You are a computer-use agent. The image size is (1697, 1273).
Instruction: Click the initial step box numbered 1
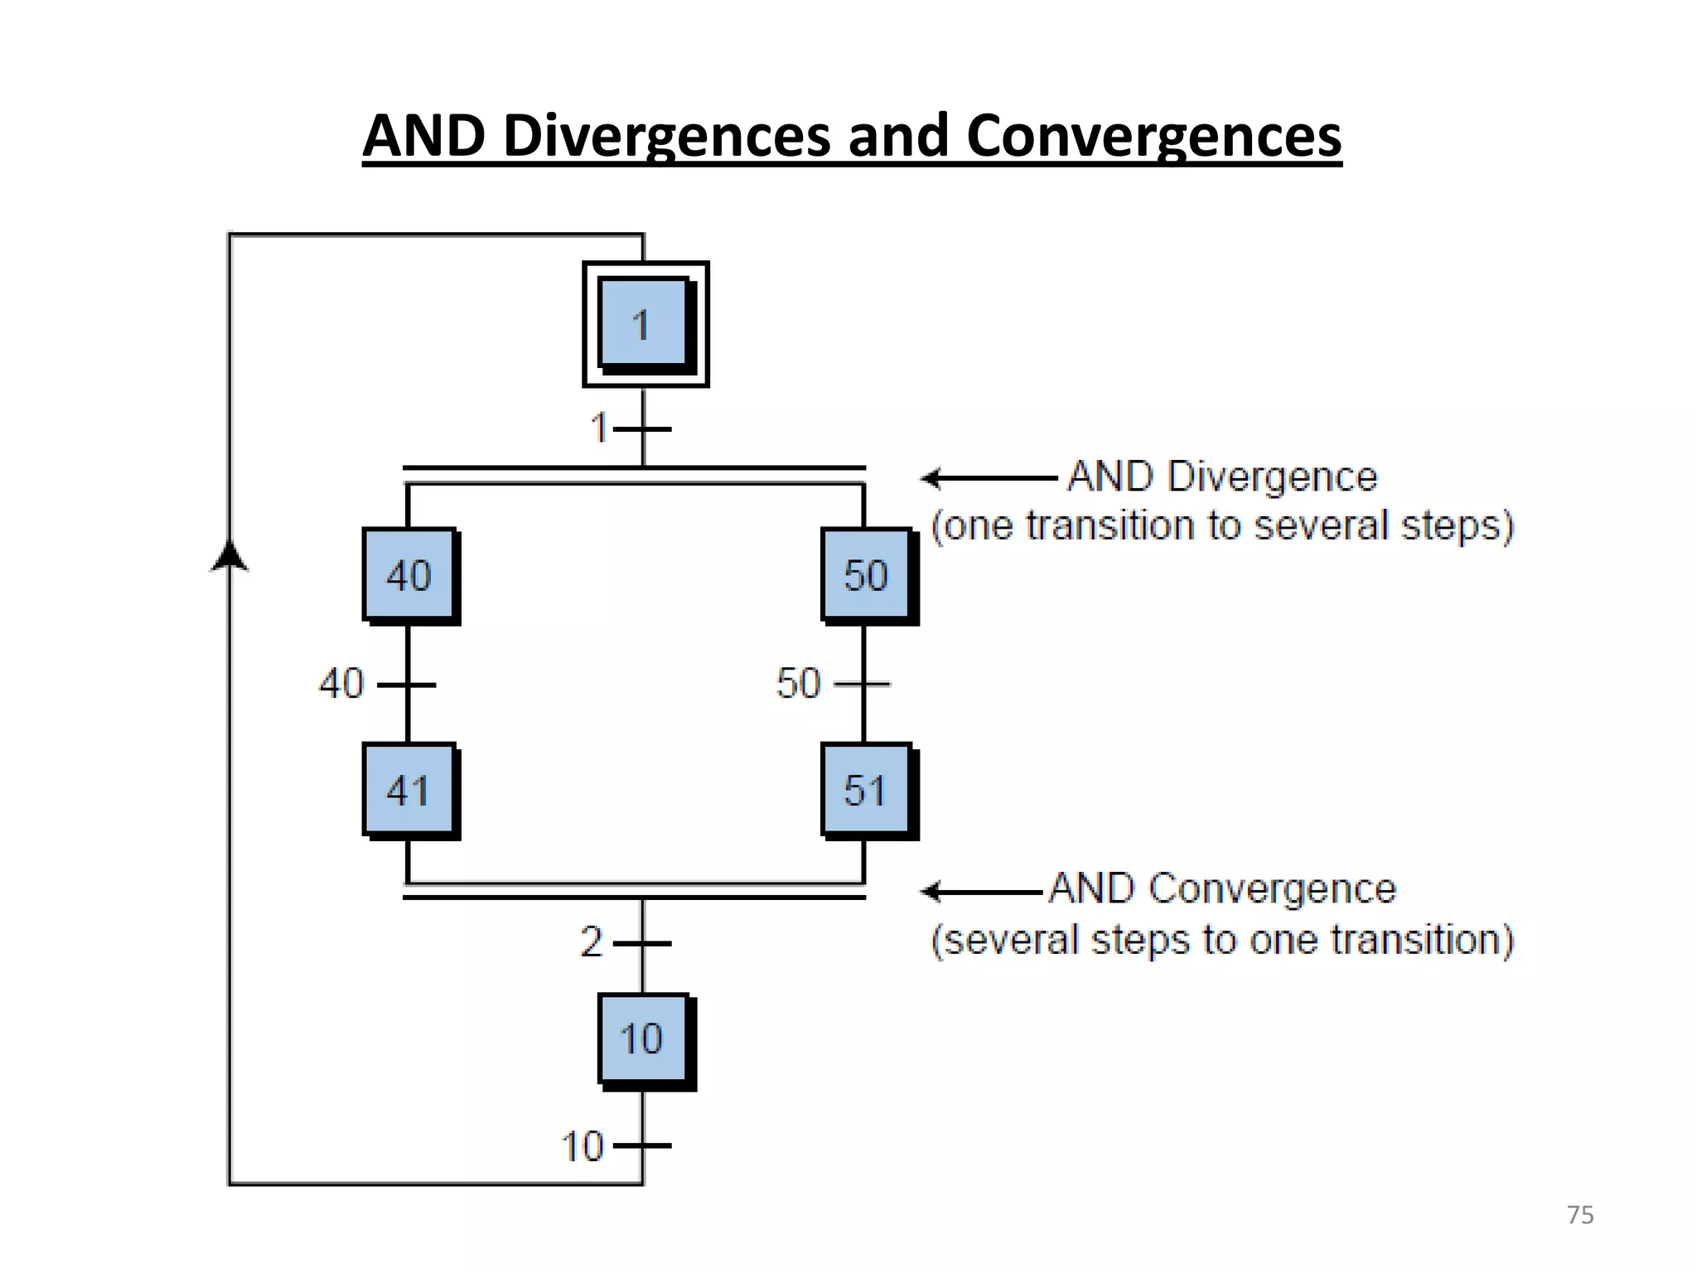point(645,324)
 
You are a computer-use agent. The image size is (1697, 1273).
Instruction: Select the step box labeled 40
point(409,575)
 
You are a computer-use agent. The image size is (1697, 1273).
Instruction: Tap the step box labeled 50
point(867,575)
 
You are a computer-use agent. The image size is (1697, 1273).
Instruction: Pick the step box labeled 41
point(409,790)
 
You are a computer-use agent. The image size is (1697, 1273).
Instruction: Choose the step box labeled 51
point(867,790)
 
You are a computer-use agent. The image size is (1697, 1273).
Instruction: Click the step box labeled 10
point(643,1039)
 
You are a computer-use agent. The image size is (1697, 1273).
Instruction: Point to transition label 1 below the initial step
point(599,428)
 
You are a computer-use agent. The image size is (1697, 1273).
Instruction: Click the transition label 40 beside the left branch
point(341,684)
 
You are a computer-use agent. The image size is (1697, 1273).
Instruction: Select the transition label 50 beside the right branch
point(798,684)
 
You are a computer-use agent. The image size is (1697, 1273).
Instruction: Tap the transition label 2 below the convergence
point(592,942)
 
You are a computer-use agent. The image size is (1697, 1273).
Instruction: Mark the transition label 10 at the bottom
point(583,1147)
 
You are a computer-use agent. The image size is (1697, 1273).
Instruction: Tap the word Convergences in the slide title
point(1153,135)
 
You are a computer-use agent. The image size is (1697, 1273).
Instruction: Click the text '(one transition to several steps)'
point(1222,526)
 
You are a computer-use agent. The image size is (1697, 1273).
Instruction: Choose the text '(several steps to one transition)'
point(1222,941)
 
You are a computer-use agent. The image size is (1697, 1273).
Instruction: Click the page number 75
point(1580,1215)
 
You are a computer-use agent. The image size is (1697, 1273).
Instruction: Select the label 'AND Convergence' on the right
point(1223,888)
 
